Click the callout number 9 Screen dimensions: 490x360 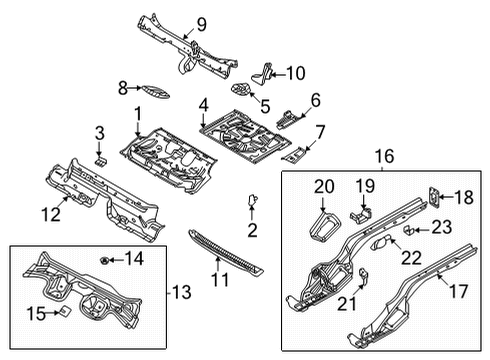[202, 24]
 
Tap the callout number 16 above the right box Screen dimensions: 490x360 [384, 156]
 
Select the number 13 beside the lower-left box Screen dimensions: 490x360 [182, 292]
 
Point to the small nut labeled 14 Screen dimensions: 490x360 [104, 260]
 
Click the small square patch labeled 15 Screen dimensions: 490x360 [65, 312]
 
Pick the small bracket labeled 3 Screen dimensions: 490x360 [101, 161]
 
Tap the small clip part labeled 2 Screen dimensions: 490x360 [252, 199]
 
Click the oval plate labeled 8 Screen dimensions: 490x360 [155, 91]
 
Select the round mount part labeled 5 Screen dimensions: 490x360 [241, 89]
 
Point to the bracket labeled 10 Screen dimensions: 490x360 [262, 73]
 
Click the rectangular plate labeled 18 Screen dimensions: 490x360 [434, 197]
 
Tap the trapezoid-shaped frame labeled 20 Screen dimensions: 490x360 [324, 227]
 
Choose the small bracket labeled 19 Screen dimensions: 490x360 [361, 215]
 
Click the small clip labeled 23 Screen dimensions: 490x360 [408, 230]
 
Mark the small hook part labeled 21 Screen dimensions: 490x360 [364, 275]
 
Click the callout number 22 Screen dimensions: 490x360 [412, 257]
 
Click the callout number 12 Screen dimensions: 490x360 [51, 214]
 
